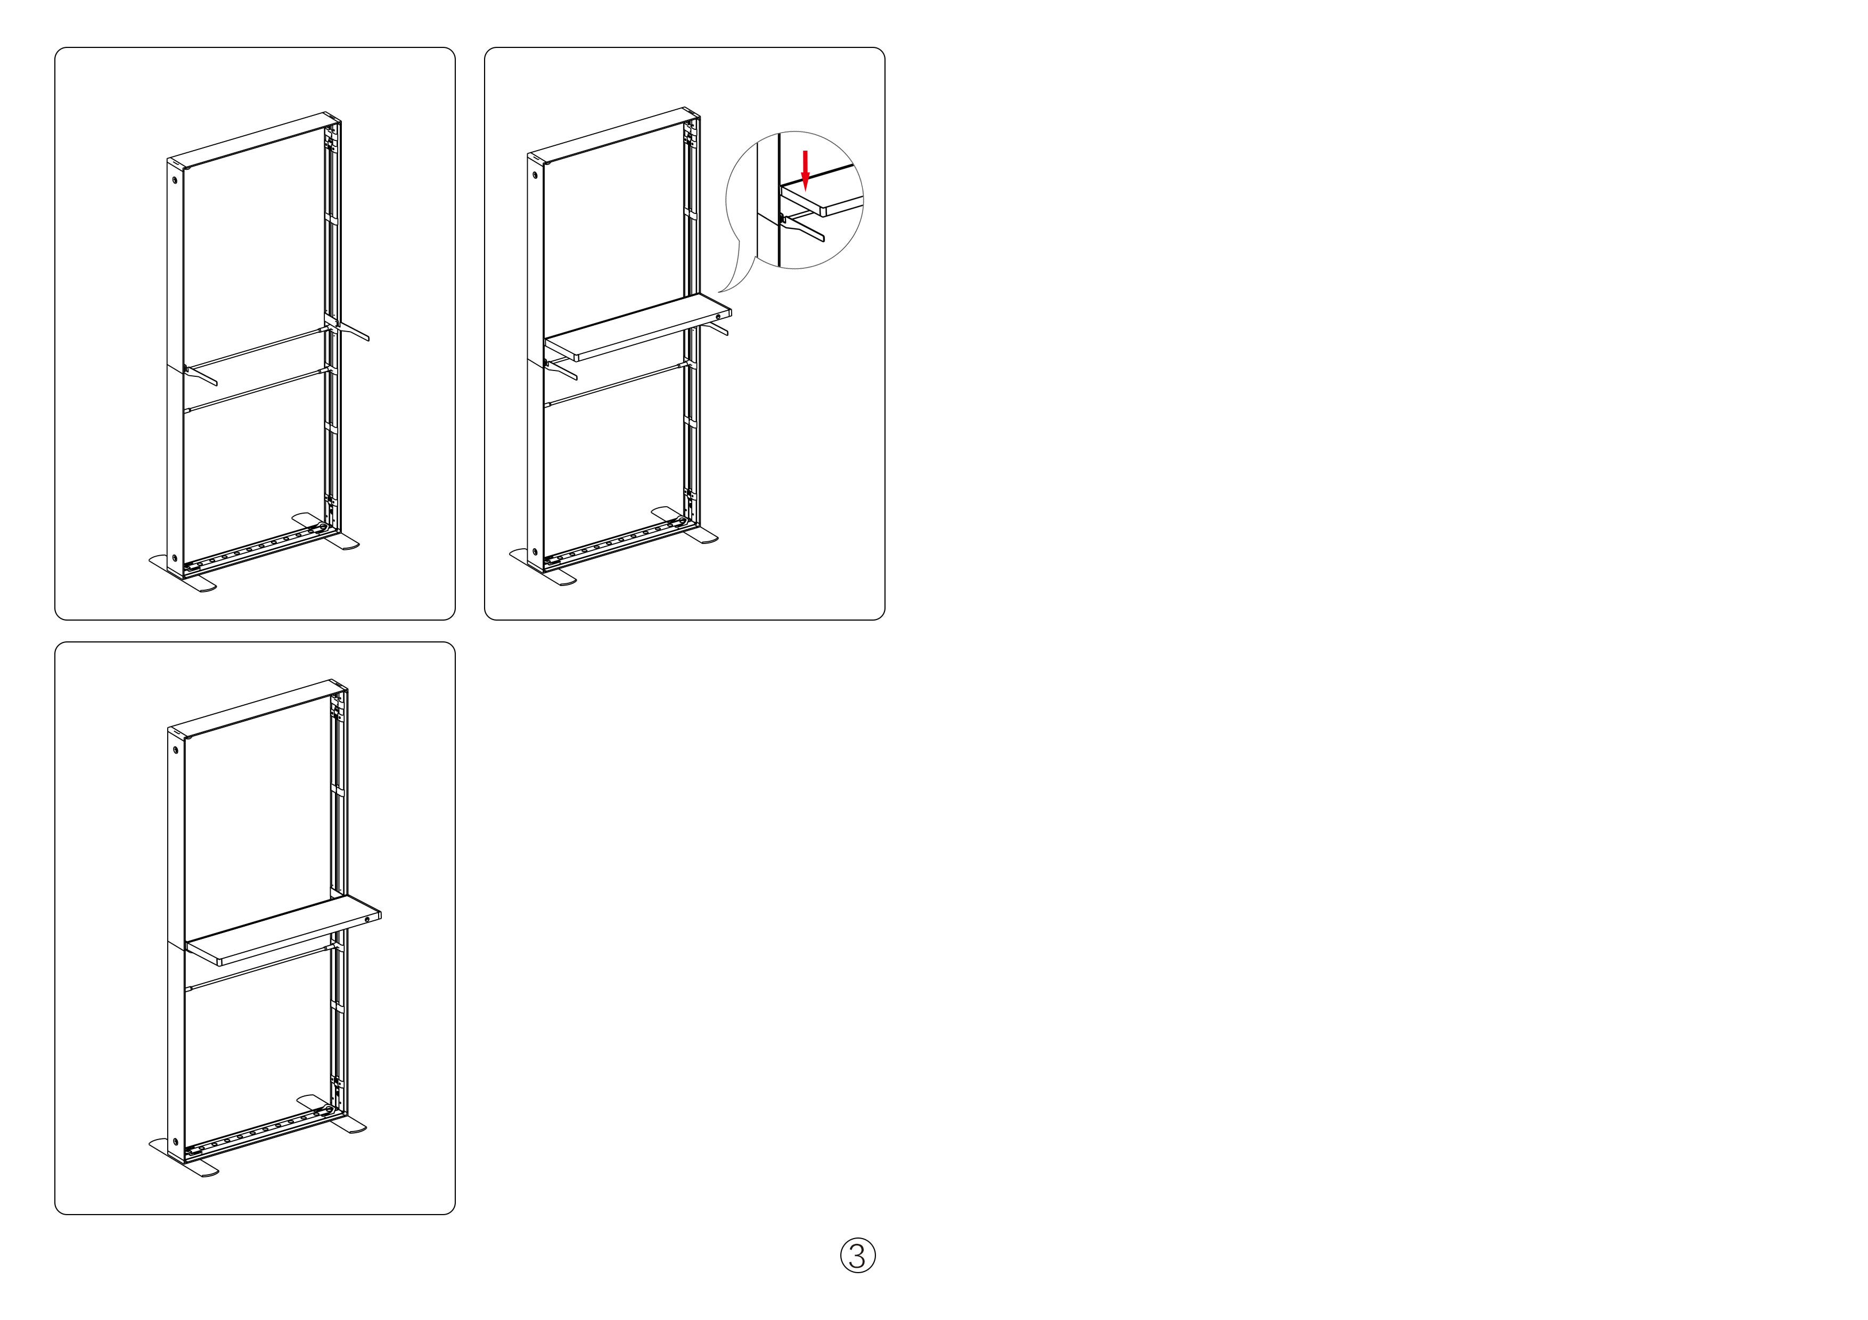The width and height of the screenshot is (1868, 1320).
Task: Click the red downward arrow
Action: click(806, 170)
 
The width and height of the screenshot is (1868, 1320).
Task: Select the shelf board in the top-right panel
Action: click(638, 327)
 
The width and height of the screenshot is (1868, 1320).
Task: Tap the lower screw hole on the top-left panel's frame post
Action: click(174, 559)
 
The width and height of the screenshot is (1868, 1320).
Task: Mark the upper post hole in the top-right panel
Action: click(535, 173)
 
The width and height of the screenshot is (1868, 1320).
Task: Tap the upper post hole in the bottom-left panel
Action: click(175, 749)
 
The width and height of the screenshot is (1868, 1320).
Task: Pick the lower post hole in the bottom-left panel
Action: click(175, 1141)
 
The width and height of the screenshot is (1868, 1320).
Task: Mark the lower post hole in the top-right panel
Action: click(535, 552)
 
